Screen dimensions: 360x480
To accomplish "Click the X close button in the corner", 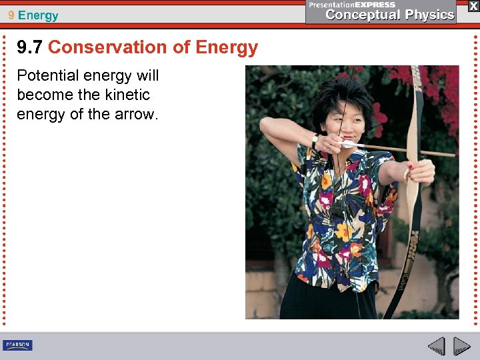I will (x=473, y=6).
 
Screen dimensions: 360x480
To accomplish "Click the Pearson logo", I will (x=17, y=345).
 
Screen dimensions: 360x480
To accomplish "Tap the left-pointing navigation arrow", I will (x=436, y=346).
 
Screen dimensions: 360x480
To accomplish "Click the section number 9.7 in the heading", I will (x=30, y=47).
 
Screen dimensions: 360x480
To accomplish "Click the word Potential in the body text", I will (x=47, y=75).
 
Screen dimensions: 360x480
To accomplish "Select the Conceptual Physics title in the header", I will (x=390, y=15).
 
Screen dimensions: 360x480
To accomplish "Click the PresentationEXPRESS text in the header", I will (x=352, y=5).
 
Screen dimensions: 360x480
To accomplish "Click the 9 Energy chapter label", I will (x=33, y=15).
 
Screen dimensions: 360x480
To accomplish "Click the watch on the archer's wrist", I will (x=314, y=141).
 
